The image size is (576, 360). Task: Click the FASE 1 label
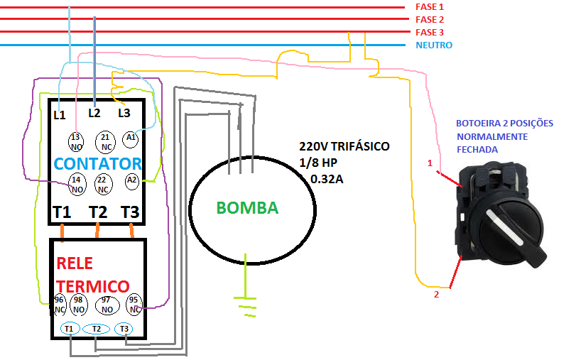(x=429, y=6)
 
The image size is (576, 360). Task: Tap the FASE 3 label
(x=429, y=32)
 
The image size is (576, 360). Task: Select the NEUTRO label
(x=434, y=45)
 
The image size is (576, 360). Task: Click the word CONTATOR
(x=98, y=163)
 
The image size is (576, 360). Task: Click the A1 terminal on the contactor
(x=130, y=138)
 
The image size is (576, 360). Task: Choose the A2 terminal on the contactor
(x=131, y=181)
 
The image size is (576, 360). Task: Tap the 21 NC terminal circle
(x=104, y=140)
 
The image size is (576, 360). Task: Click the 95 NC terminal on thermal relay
(x=133, y=305)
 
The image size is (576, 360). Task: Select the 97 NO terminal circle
(x=107, y=305)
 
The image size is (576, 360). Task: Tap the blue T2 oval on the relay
(x=96, y=329)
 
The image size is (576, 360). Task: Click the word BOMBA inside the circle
(x=247, y=208)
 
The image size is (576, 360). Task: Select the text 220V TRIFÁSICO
(x=344, y=147)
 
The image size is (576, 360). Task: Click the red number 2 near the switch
(x=437, y=293)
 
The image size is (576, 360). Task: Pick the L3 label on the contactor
(x=124, y=111)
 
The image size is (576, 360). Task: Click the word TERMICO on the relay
(x=92, y=286)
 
